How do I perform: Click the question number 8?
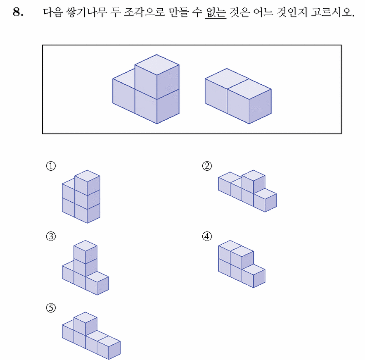[18, 12]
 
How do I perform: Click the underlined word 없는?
[216, 12]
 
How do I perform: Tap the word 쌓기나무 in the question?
[86, 12]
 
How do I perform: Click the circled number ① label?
[51, 166]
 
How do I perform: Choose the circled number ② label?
[207, 166]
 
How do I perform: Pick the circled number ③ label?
[51, 236]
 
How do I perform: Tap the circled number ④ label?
[207, 236]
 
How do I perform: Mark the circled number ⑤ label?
[51, 308]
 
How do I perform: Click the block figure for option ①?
[81, 197]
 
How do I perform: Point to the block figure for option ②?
[247, 191]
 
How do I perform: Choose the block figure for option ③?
[85, 268]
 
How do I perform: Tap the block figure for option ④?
[242, 264]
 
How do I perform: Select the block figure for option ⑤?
[91, 336]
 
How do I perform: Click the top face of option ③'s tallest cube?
[85, 246]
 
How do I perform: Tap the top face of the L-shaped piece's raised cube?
[157, 65]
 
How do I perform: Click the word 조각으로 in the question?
[145, 12]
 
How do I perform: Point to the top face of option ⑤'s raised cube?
[85, 317]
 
